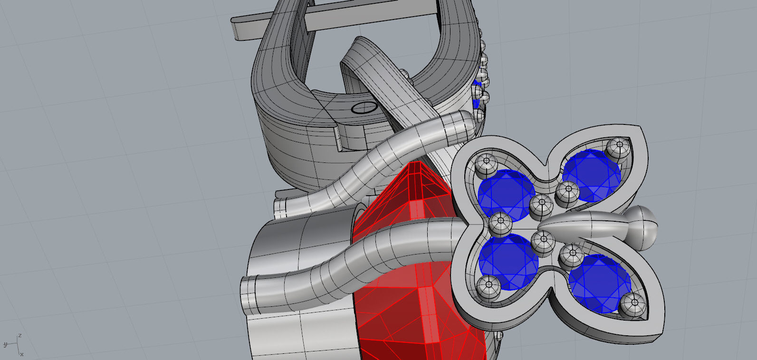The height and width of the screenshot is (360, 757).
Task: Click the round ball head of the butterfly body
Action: (x=642, y=227)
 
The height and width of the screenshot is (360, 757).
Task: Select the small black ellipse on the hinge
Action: (x=364, y=107)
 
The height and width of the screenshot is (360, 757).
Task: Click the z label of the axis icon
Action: (x=19, y=336)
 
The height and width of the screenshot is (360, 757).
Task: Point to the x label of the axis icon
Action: (x=22, y=354)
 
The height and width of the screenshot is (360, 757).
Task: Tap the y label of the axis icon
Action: (x=5, y=344)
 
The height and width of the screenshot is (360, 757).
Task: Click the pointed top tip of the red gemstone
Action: (x=417, y=164)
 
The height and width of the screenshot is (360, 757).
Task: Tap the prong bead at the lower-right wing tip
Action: (x=632, y=304)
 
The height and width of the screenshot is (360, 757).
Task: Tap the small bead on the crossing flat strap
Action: (x=405, y=74)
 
